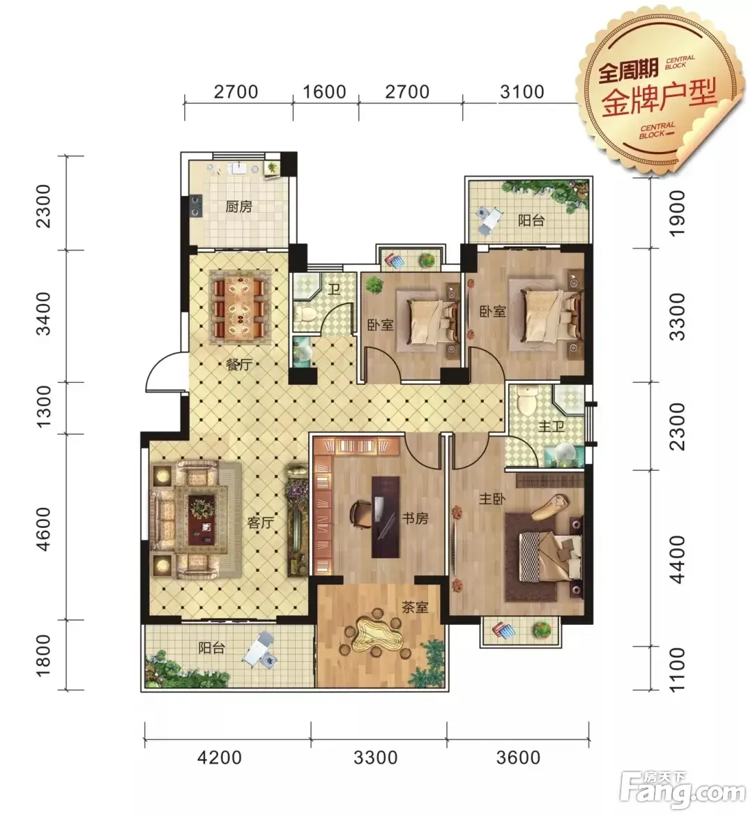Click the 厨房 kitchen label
click(239, 206)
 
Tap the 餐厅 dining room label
click(239, 364)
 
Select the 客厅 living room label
click(261, 522)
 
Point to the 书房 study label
click(415, 518)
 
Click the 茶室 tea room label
click(415, 607)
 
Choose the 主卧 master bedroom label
click(492, 499)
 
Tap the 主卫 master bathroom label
click(551, 427)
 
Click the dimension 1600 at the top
click(324, 92)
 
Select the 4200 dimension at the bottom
click(220, 757)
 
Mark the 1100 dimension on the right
click(678, 670)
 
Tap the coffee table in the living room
click(201, 513)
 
